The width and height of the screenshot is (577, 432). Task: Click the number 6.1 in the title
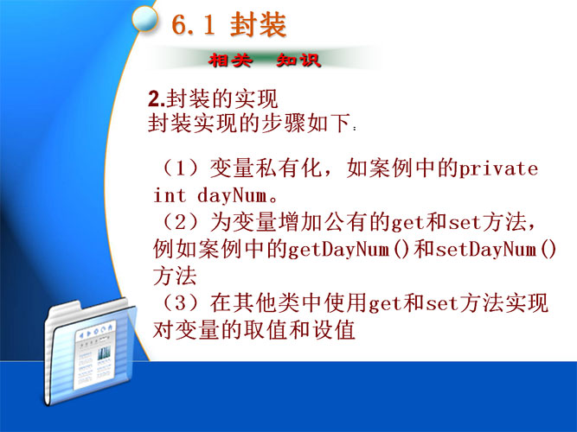[193, 25]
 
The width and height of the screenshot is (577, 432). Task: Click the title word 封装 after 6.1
[258, 25]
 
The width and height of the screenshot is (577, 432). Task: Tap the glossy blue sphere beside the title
[144, 18]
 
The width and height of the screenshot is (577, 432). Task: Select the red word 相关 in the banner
[231, 60]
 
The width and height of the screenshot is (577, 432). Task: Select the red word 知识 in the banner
[298, 60]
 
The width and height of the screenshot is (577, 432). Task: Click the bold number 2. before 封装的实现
[157, 98]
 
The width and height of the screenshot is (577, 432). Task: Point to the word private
[498, 169]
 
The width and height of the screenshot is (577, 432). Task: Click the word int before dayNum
[170, 195]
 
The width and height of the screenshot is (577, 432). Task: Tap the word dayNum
[232, 195]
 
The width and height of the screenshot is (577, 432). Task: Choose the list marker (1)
[183, 168]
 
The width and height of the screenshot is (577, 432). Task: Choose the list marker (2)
[183, 222]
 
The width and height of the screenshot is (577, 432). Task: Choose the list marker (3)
[183, 303]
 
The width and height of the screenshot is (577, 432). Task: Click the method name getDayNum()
[348, 250]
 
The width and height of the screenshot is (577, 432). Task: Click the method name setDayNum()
[496, 250]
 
